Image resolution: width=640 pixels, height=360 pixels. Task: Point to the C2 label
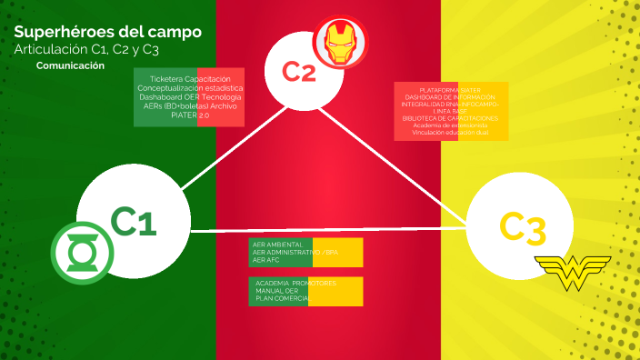pyautogui.click(x=299, y=71)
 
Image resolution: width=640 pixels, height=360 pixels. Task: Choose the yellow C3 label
pyautogui.click(x=523, y=228)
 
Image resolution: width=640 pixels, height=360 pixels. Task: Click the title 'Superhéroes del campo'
pyautogui.click(x=108, y=32)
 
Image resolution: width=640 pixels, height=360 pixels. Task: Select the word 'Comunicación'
pyautogui.click(x=70, y=65)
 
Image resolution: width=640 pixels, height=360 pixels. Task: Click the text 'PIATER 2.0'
pyautogui.click(x=189, y=115)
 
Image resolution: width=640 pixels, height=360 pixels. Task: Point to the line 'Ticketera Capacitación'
pyautogui.click(x=189, y=79)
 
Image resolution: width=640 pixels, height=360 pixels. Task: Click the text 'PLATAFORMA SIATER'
pyautogui.click(x=451, y=90)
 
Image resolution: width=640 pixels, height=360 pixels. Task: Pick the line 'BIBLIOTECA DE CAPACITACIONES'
pyautogui.click(x=451, y=119)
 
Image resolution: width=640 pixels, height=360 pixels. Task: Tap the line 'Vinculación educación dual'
pyautogui.click(x=451, y=133)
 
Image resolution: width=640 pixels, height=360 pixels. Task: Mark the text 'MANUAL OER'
pyautogui.click(x=277, y=291)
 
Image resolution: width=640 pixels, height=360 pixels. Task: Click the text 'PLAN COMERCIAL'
pyautogui.click(x=284, y=298)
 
